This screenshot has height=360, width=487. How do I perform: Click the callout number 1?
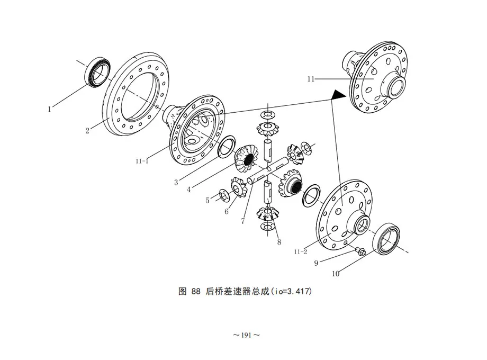coord(49,109)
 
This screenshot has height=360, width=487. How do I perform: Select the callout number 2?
coord(87,131)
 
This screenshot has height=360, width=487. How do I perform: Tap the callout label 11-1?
coord(142,161)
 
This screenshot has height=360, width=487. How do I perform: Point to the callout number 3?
coord(176,182)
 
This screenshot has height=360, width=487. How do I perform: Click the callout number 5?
coord(208,200)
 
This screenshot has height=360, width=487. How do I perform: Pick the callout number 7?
coord(243,221)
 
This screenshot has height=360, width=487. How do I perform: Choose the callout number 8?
coord(279,242)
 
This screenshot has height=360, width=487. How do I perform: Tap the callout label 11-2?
coord(301,252)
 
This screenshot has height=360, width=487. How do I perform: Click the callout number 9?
coord(316,263)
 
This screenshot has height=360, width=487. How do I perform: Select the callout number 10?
coord(336,274)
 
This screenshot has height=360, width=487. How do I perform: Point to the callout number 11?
coord(311,79)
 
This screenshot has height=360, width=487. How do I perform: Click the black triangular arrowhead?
coord(338,95)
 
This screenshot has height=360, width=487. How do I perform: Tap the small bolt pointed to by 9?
coord(361,251)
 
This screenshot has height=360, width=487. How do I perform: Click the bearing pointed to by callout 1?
coord(97,73)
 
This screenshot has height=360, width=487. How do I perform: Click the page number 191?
coord(246,335)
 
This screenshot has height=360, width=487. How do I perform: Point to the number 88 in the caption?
coord(196,291)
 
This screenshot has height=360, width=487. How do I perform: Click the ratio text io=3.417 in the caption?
coord(291,291)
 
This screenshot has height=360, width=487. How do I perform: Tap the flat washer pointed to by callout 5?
coord(223,195)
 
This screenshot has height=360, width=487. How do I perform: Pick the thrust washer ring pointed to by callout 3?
coord(227,146)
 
